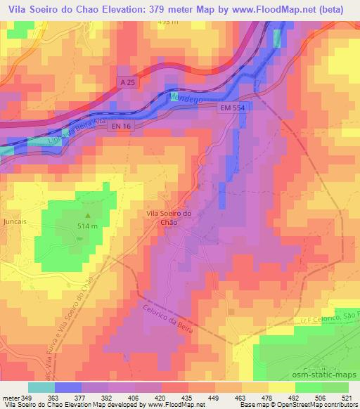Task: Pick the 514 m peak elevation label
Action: coord(87,226)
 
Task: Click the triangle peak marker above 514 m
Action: coord(88,216)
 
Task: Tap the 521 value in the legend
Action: coord(348,398)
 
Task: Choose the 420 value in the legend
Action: coord(161,398)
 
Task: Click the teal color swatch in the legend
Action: coord(41,387)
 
